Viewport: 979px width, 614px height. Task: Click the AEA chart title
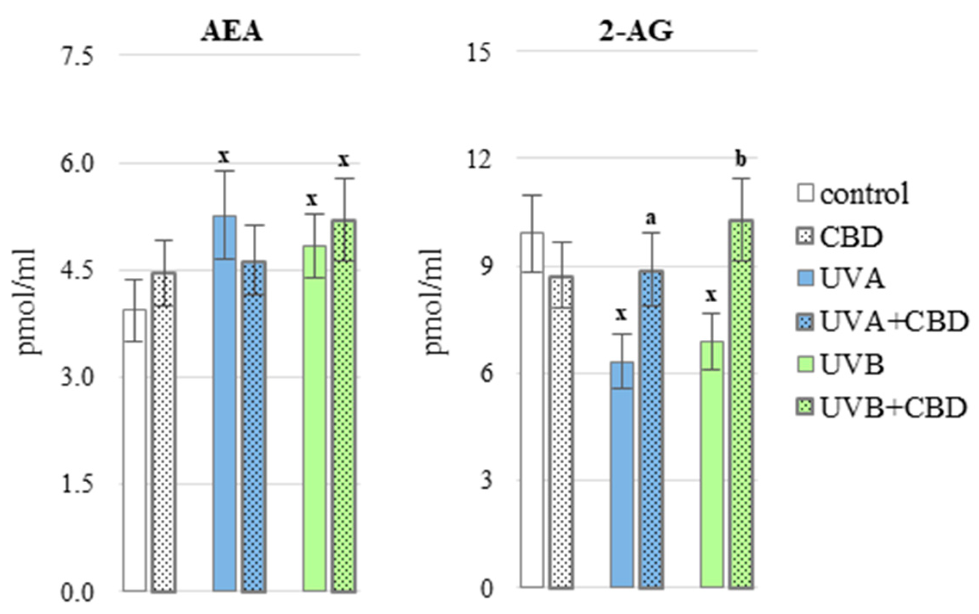tap(231, 32)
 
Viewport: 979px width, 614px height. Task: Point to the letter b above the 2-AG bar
tap(740, 159)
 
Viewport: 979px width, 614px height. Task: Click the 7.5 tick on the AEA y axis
tap(77, 57)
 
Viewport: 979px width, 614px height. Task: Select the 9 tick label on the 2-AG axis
tap(485, 267)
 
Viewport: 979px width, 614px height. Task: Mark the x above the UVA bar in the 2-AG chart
tap(621, 314)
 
